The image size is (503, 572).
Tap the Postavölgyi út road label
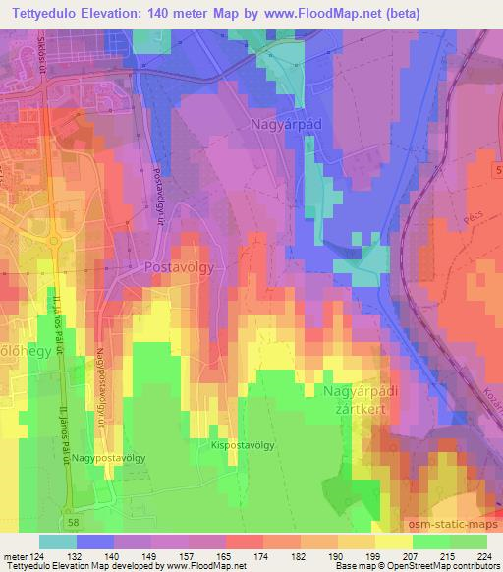[158, 193]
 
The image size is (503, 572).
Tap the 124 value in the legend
[36, 555]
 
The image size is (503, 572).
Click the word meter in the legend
[14, 555]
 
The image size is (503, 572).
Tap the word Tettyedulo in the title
[41, 13]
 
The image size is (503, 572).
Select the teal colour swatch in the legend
[58, 542]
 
